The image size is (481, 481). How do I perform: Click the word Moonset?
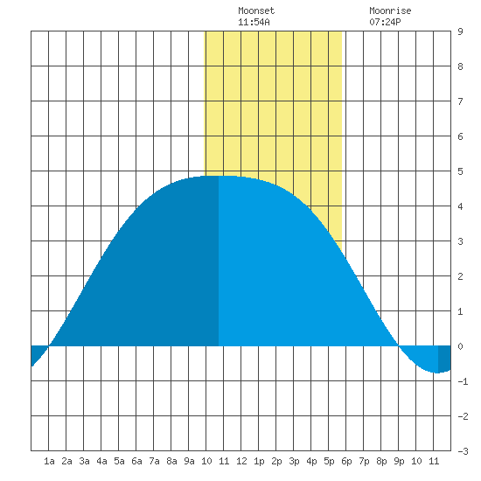tap(256, 10)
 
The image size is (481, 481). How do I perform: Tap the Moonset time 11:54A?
tap(254, 22)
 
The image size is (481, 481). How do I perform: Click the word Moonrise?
tap(390, 10)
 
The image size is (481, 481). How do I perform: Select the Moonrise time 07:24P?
tap(385, 22)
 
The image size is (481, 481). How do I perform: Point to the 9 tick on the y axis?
tap(460, 31)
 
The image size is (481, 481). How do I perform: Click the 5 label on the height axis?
tap(460, 171)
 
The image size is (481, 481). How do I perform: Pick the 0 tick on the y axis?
tap(460, 346)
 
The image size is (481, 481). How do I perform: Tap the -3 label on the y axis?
tap(463, 451)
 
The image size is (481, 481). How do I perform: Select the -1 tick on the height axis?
tap(463, 381)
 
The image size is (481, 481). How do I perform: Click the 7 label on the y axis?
tap(460, 101)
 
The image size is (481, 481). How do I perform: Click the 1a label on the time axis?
tap(49, 461)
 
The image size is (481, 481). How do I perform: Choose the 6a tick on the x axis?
tap(136, 461)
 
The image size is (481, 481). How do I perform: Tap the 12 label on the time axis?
tap(241, 461)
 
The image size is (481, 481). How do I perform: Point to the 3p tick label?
tap(294, 461)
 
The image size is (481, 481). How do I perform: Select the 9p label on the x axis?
tap(399, 461)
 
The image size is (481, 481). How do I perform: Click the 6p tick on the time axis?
tap(346, 461)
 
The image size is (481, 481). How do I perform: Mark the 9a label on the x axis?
tap(189, 461)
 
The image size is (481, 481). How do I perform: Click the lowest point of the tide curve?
tap(436, 373)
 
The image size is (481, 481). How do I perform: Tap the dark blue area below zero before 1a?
tap(37, 352)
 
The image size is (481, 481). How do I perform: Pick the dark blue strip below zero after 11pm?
tap(444, 359)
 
